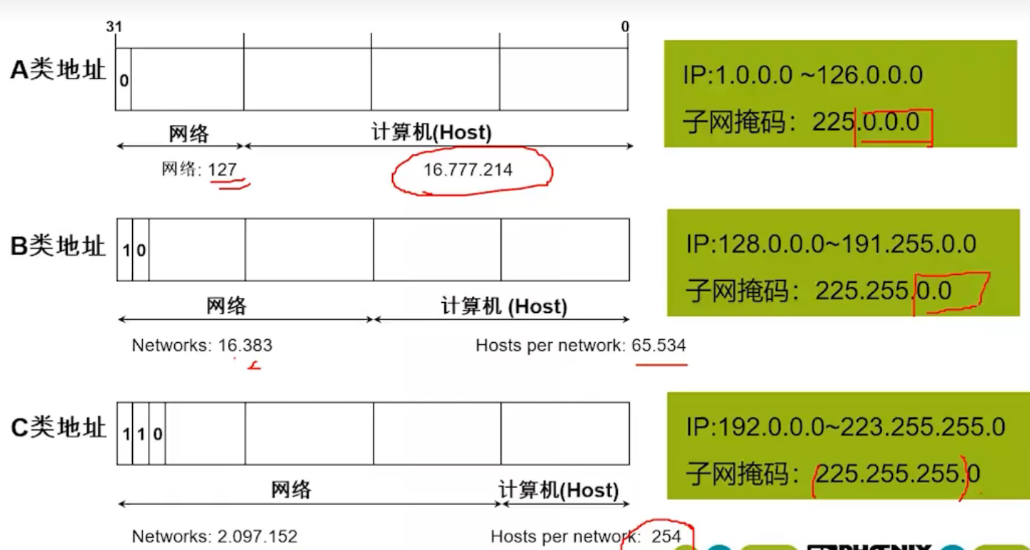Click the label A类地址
point(58,70)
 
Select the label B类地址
point(58,246)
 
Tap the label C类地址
point(58,428)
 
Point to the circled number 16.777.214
point(468,170)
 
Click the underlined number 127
point(222,170)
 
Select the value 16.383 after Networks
point(245,346)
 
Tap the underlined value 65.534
point(659,346)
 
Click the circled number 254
point(666,536)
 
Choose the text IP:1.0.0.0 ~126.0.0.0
point(803,75)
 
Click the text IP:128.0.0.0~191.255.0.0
point(831,244)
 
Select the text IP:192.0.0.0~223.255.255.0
point(845,427)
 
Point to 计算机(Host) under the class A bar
point(431,133)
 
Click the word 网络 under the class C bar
point(291,490)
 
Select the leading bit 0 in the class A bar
point(124,81)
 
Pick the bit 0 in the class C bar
point(158,434)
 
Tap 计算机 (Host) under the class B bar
point(504,306)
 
